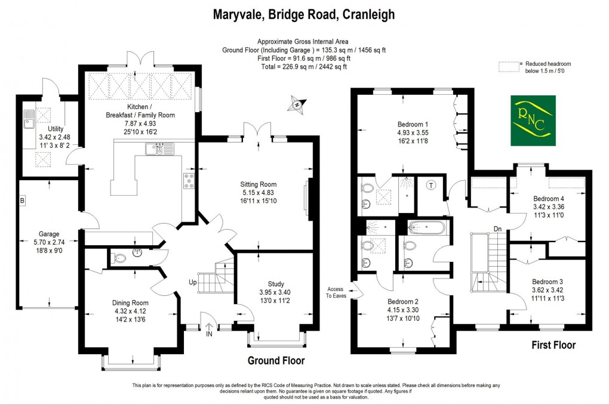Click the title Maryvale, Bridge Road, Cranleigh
304,14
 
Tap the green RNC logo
533,120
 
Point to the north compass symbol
296,105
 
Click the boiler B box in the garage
22,200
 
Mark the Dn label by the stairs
497,228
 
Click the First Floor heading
553,345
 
